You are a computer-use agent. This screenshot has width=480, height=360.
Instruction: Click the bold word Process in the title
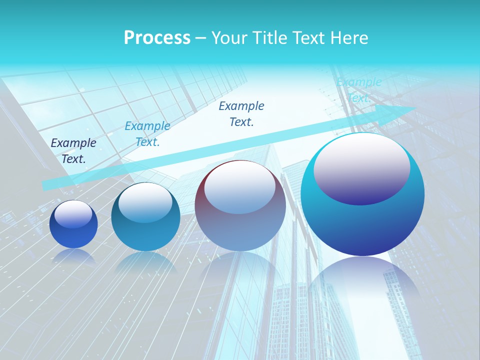157,38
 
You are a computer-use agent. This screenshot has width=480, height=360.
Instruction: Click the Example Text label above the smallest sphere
73,151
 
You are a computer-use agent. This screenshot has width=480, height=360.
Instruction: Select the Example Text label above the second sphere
147,134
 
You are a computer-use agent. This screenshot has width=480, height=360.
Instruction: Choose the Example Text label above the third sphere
241,113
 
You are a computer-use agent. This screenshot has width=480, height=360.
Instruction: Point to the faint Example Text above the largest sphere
359,90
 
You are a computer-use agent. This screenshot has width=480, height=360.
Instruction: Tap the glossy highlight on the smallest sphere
73,214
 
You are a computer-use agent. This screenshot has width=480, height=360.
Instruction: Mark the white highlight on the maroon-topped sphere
239,186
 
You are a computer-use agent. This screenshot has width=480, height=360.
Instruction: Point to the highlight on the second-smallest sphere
145,202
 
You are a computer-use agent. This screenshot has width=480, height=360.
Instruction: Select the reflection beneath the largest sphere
362,280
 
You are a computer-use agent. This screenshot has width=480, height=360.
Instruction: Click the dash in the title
200,38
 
